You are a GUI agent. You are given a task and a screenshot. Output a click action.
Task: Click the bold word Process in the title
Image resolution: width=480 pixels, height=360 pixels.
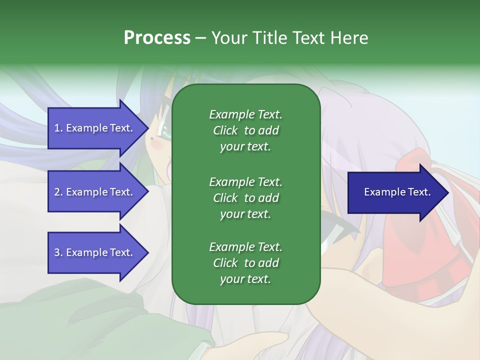pyautogui.click(x=157, y=38)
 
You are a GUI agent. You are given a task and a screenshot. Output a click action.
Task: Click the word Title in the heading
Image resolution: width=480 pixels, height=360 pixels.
pyautogui.click(x=269, y=38)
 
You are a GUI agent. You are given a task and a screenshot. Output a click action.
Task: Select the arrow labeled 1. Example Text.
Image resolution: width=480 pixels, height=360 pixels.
pyautogui.click(x=95, y=128)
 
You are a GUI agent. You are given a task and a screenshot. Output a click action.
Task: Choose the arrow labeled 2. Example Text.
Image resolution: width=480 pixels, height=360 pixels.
pyautogui.click(x=95, y=192)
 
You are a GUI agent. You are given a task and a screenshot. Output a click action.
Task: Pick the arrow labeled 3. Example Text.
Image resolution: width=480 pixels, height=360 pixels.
pyautogui.click(x=95, y=252)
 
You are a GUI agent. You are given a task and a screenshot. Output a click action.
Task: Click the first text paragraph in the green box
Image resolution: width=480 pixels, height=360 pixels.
pyautogui.click(x=245, y=130)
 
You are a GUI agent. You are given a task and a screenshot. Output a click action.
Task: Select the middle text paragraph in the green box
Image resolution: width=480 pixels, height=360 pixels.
pyautogui.click(x=245, y=197)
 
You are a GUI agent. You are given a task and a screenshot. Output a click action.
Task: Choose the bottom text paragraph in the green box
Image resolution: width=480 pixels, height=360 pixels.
pyautogui.click(x=245, y=263)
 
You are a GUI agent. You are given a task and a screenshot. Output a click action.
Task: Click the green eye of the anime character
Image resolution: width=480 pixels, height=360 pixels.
pyautogui.click(x=162, y=131)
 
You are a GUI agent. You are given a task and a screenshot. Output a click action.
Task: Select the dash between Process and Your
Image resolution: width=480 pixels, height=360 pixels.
pyautogui.click(x=200, y=38)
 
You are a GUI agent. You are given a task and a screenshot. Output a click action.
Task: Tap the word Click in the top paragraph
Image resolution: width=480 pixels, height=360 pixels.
pyautogui.click(x=225, y=130)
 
